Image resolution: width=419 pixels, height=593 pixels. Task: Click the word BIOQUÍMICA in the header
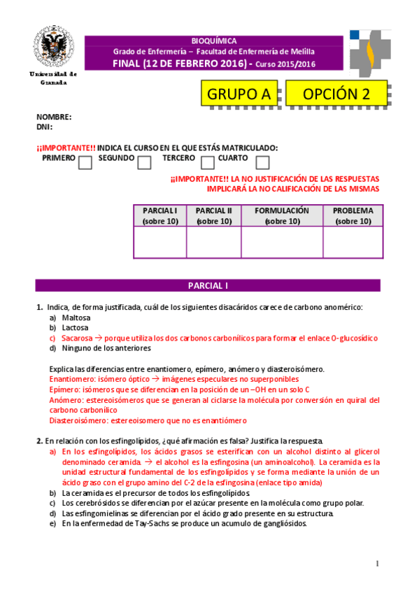click(213, 41)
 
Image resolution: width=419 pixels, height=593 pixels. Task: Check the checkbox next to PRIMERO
click(85, 163)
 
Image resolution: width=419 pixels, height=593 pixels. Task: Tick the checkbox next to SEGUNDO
click(145, 163)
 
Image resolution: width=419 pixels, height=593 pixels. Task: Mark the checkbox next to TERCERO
click(208, 163)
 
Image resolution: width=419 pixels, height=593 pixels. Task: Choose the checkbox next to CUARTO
click(262, 163)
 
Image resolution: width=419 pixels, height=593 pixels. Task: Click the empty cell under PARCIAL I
click(159, 242)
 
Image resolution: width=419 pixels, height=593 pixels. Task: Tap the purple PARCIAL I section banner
click(208, 285)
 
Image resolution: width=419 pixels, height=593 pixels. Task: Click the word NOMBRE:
click(54, 117)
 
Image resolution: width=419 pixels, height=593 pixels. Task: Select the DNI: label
click(45, 127)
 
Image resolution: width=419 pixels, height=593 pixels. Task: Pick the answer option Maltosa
click(76, 317)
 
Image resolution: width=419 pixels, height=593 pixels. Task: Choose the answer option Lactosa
click(75, 327)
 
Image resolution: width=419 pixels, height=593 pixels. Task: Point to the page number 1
click(376, 564)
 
